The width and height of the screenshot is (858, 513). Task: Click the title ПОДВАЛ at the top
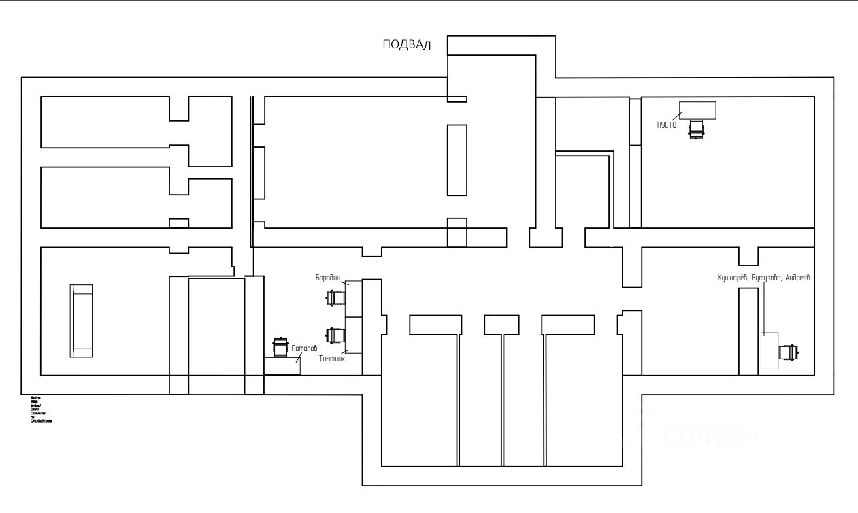[x=407, y=45]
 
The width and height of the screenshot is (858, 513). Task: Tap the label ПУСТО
[x=667, y=125]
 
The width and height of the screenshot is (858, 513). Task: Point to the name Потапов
[x=304, y=348]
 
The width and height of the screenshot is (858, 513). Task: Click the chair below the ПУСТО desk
[x=695, y=128]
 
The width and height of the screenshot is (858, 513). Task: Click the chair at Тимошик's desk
[x=334, y=335]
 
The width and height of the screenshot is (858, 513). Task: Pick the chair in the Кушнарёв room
[x=788, y=352]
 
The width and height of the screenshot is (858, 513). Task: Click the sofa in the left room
[x=82, y=321]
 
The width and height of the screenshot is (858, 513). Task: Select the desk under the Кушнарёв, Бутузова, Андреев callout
[x=769, y=350]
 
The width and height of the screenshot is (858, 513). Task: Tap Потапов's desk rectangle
[x=282, y=366]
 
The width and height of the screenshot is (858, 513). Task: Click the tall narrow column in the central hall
[x=457, y=160]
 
